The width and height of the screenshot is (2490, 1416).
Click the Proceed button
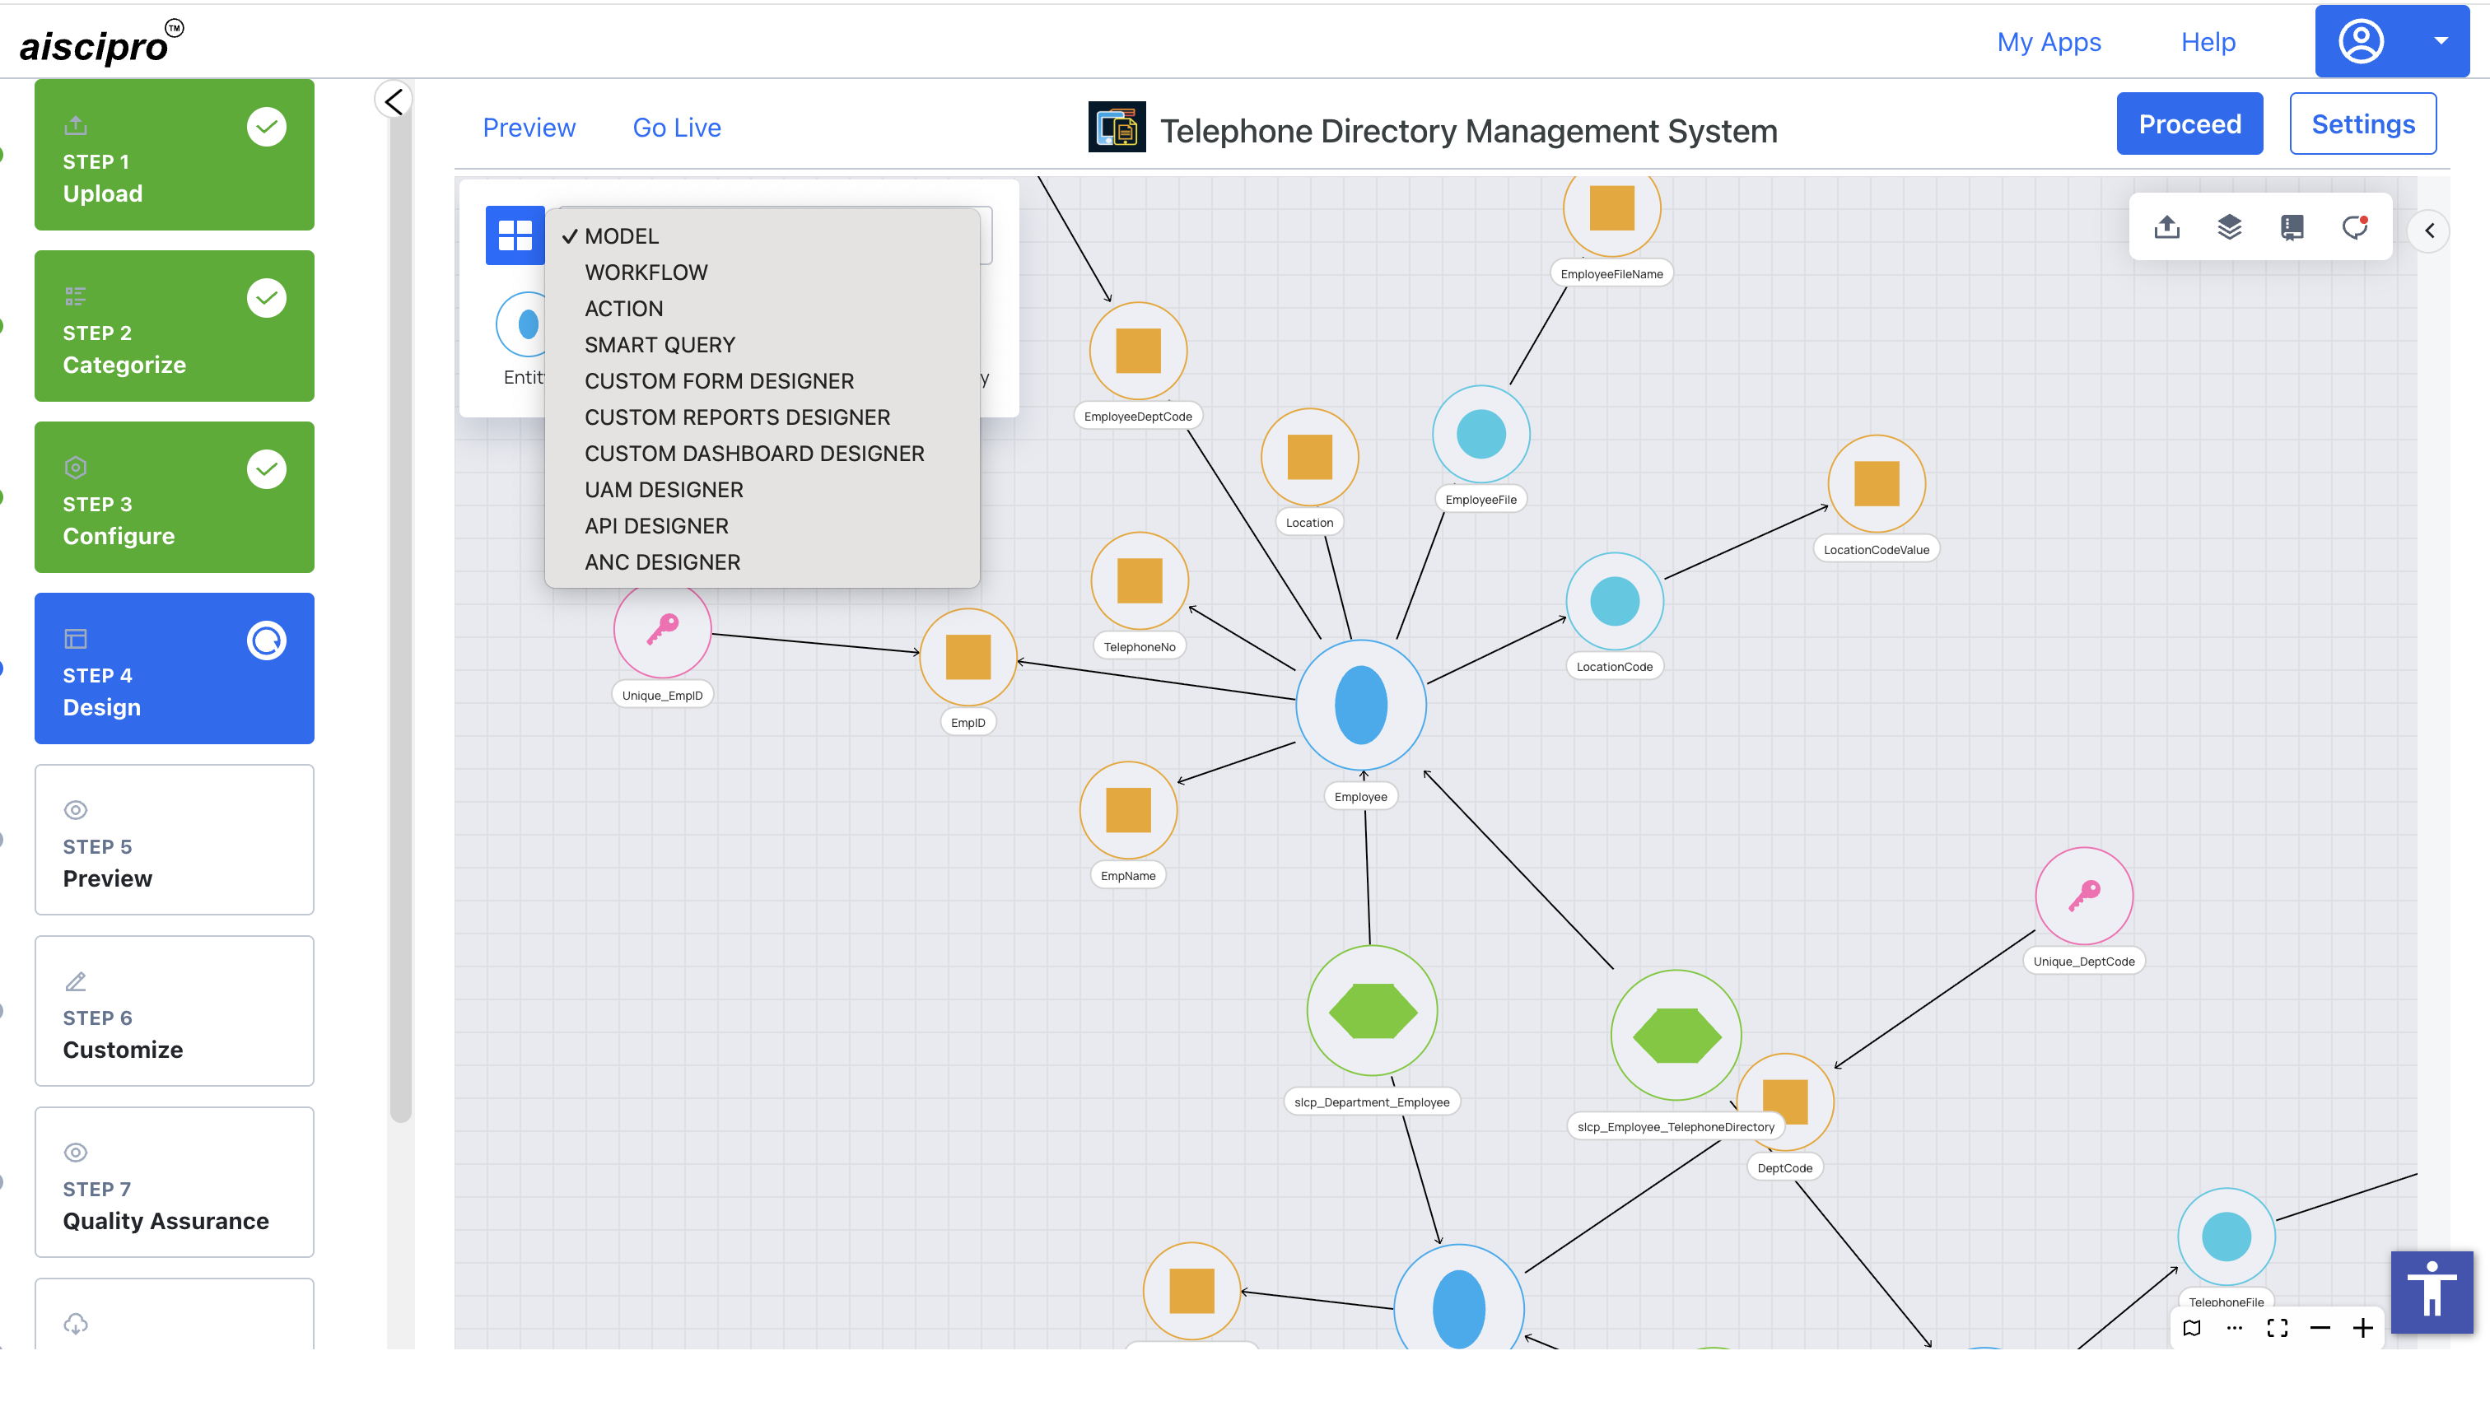2189,123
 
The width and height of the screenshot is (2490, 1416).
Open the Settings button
2362,123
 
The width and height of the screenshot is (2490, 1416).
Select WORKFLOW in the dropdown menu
646,272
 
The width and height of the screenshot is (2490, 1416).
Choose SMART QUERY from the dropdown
660,344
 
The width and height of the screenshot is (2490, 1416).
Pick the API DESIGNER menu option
656,526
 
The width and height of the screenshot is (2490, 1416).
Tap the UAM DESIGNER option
664,490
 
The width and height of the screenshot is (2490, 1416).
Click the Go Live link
677,128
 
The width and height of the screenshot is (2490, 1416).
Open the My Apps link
2049,42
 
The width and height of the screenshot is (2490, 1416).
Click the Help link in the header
2208,42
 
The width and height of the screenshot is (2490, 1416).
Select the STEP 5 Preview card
174,839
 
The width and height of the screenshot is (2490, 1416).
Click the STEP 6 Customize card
174,1010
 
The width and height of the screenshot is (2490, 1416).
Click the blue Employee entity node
1361,705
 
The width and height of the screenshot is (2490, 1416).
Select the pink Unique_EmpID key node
662,630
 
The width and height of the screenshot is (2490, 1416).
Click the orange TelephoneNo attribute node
1139,580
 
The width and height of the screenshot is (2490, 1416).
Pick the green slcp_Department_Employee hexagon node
1373,1010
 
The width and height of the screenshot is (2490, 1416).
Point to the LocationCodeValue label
1875,549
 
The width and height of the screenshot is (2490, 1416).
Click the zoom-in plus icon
2362,1327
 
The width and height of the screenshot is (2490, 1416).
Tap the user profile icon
2361,42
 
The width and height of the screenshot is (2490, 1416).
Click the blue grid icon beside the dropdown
515,235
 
